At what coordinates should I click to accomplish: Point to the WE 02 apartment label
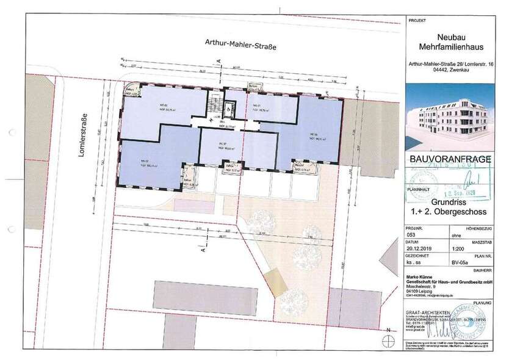[x=146, y=106]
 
